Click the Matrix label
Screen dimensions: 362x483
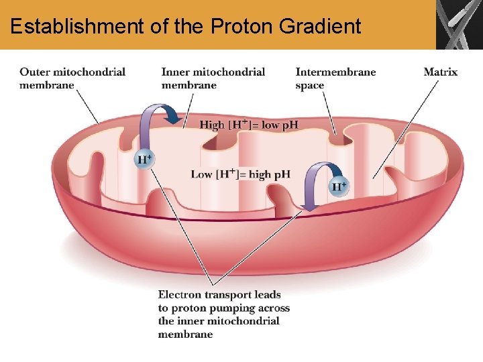[x=440, y=72]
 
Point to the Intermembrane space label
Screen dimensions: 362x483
[x=335, y=78]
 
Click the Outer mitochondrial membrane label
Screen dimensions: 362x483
[x=72, y=78]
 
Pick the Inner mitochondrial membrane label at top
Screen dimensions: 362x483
[x=213, y=78]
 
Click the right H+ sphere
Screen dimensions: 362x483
[x=339, y=186]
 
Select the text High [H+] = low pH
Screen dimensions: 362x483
[x=248, y=125]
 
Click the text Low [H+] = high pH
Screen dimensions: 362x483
[x=240, y=174]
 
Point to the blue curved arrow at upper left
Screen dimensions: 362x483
[x=158, y=118]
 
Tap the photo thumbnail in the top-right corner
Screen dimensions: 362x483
[x=459, y=25]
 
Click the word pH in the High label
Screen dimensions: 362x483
[x=290, y=125]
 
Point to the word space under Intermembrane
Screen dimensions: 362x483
[x=309, y=86]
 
